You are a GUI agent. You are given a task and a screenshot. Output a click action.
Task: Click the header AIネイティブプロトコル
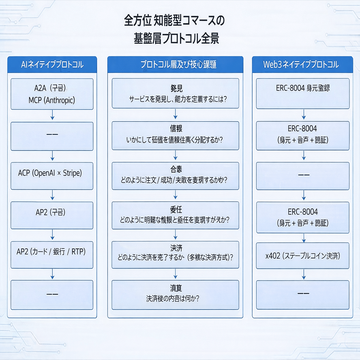(52, 65)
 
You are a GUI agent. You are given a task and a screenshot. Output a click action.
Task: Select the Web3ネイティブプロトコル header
(303, 65)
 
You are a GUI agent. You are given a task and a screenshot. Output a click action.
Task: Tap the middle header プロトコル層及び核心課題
(175, 65)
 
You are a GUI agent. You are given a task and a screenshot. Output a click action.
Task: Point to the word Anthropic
(59, 100)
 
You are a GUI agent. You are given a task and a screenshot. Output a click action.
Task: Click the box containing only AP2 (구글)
(52, 212)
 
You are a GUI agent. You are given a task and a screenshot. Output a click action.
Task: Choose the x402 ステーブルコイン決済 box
(303, 256)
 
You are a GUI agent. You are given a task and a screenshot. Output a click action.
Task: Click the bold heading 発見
(175, 88)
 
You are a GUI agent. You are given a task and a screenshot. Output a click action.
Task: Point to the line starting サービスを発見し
(175, 99)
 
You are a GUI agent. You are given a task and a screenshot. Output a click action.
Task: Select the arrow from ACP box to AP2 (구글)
(52, 195)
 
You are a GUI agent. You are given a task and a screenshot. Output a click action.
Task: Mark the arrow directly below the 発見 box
(175, 114)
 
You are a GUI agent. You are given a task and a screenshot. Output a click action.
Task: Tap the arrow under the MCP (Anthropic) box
(52, 115)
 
